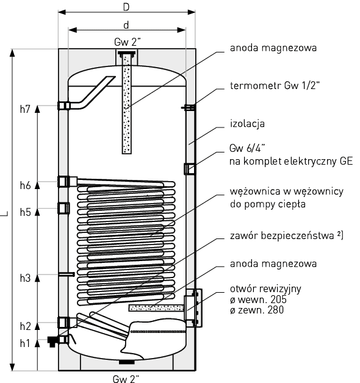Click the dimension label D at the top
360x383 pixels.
click(126, 7)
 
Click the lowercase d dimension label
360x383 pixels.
click(126, 25)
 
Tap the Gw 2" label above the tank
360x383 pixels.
click(127, 42)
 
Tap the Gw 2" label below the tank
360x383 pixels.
click(127, 376)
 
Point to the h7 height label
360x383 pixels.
click(24, 110)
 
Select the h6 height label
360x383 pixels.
click(24, 185)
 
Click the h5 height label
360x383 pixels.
click(24, 212)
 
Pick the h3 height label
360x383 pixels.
click(24, 278)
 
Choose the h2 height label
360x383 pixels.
click(24, 326)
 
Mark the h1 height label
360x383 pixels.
click(24, 343)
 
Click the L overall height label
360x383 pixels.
click(5, 213)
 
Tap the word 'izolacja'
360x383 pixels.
click(247, 124)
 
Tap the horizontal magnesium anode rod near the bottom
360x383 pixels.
click(156, 308)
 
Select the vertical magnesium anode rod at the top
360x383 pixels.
click(127, 104)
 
